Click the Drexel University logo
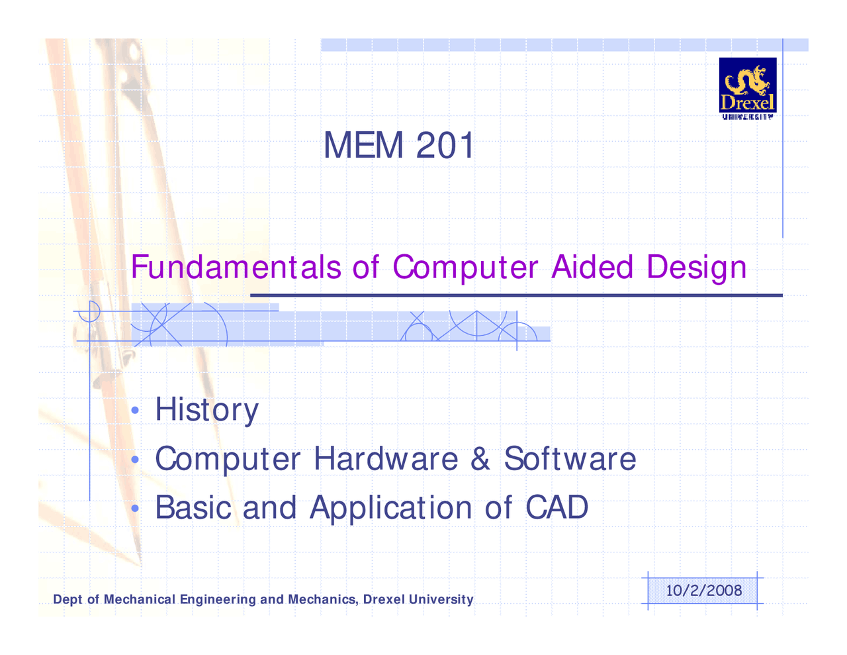(747, 88)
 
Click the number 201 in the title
(445, 145)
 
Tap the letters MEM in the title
(363, 145)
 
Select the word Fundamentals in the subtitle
(236, 267)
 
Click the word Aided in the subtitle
(592, 267)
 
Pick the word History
(206, 409)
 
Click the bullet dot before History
(135, 410)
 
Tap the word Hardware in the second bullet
(386, 458)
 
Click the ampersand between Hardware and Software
(480, 458)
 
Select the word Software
(570, 458)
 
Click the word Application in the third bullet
(390, 508)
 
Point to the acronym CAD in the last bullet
(557, 507)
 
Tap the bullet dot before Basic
(135, 508)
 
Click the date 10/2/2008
(703, 590)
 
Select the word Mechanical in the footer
(140, 599)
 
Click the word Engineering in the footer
(218, 600)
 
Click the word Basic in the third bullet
(193, 508)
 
